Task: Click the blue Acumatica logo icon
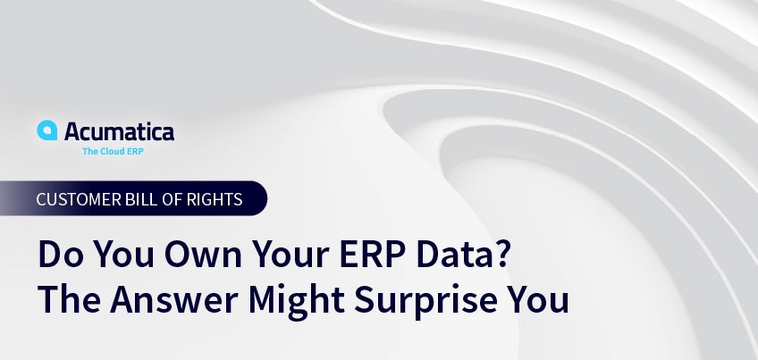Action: [46, 130]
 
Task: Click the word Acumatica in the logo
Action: [120, 131]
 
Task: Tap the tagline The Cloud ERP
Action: [113, 151]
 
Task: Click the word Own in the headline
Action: [203, 255]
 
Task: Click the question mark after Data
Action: [502, 255]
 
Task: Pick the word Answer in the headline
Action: [174, 299]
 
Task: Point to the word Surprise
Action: [425, 302]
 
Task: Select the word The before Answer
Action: [69, 299]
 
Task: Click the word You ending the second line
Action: [538, 299]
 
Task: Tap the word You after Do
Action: [123, 255]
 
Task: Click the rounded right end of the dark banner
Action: [259, 198]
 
